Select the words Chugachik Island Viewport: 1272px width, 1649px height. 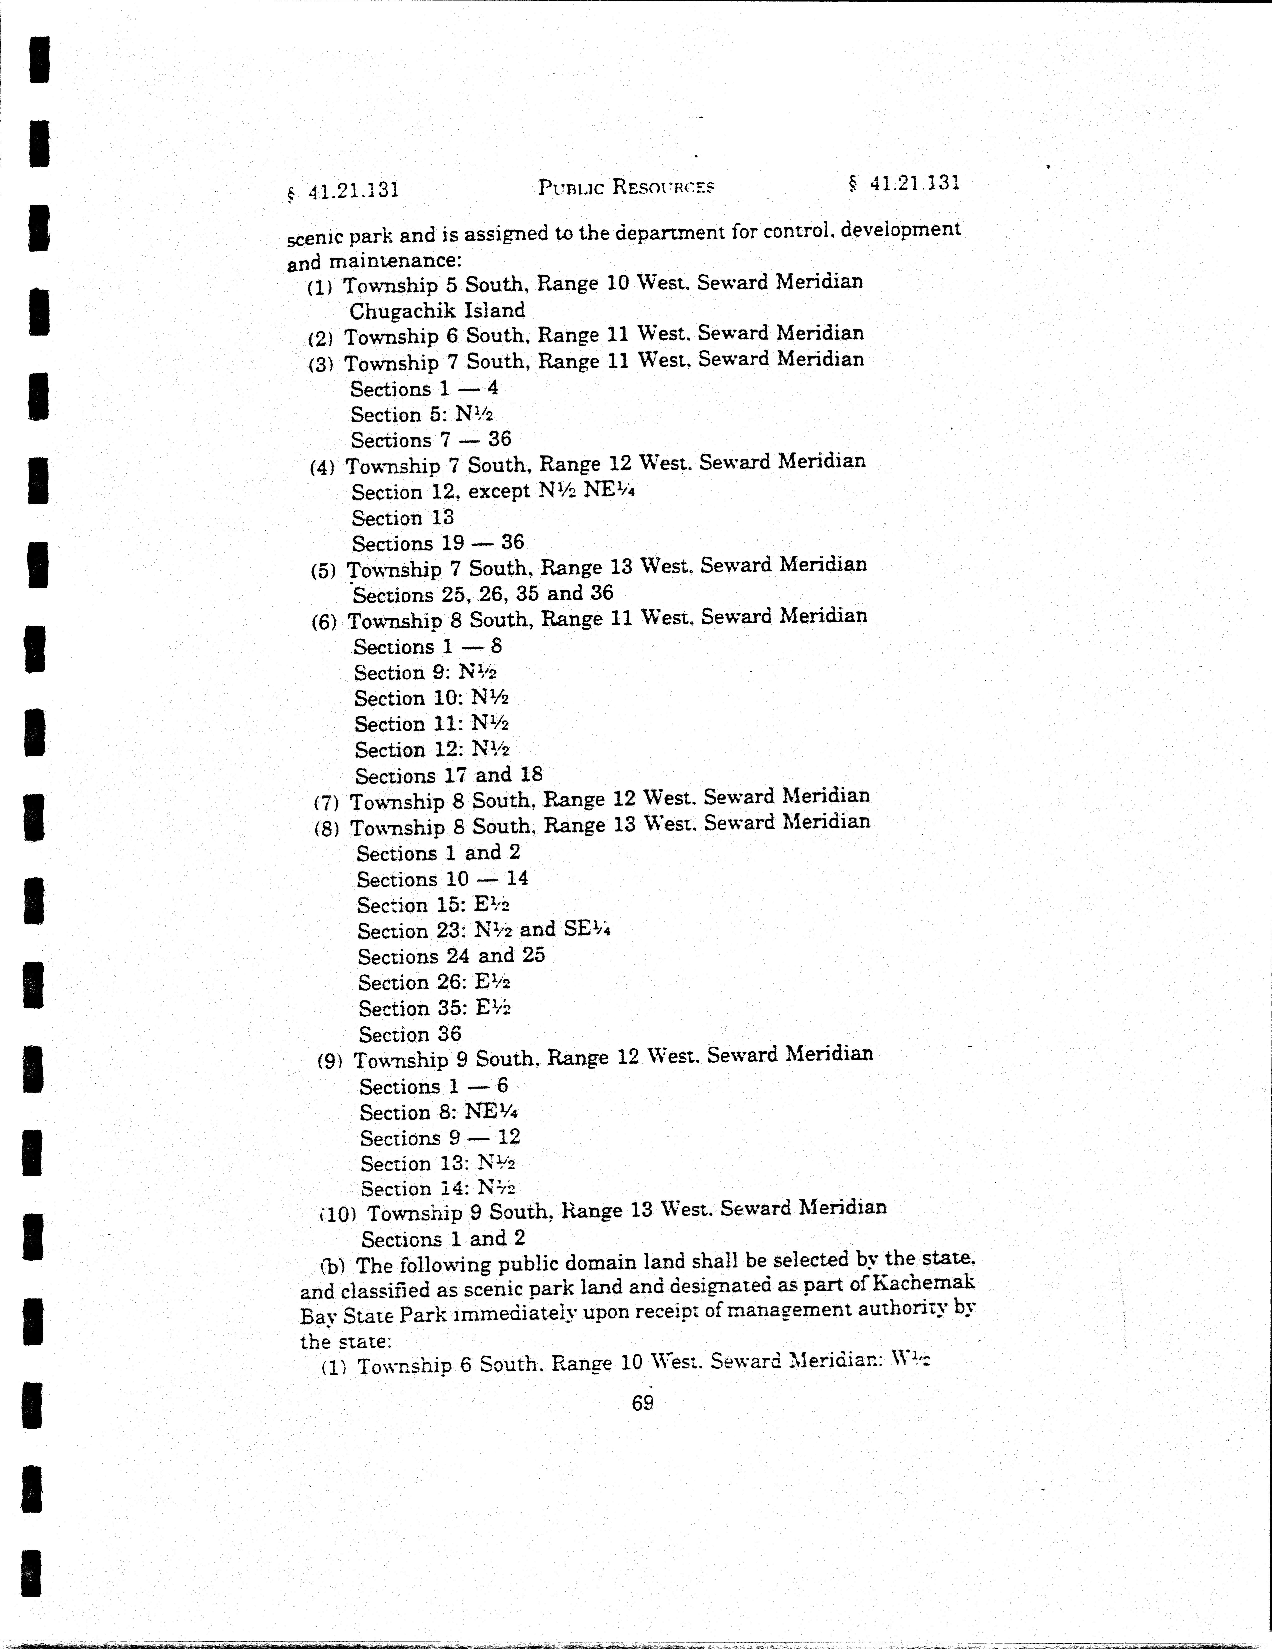pyautogui.click(x=436, y=310)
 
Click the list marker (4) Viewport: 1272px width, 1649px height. pyautogui.click(x=322, y=467)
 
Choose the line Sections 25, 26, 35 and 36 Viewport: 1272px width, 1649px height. pyautogui.click(x=483, y=594)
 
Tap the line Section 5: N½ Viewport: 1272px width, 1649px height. pyautogui.click(x=421, y=414)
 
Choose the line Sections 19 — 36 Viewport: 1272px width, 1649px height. pyautogui.click(x=437, y=543)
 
